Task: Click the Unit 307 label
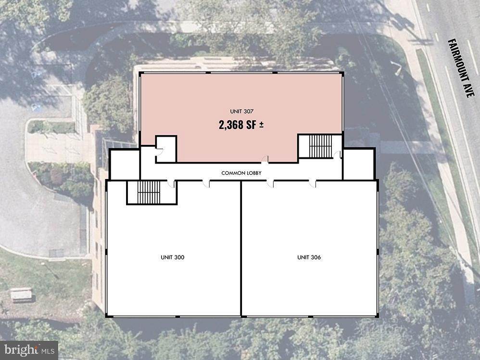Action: coord(241,112)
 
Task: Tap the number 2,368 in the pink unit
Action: coord(231,125)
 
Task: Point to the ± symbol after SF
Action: coord(262,125)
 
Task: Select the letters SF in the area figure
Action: coord(251,125)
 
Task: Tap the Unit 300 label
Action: coord(172,257)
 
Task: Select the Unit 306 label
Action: coord(309,257)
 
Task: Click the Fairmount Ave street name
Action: coord(461,68)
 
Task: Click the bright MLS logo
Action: coord(29,350)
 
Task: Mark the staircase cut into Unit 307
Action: coord(320,146)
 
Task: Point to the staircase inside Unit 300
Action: coord(149,192)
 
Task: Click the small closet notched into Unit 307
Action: coord(166,149)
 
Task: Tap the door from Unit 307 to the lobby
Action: coord(265,159)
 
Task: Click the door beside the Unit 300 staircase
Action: coord(171,183)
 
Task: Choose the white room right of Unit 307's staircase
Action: coord(359,164)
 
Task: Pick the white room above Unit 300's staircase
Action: coord(125,165)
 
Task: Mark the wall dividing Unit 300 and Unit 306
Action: coord(241,248)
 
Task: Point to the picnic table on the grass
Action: coord(21,295)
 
